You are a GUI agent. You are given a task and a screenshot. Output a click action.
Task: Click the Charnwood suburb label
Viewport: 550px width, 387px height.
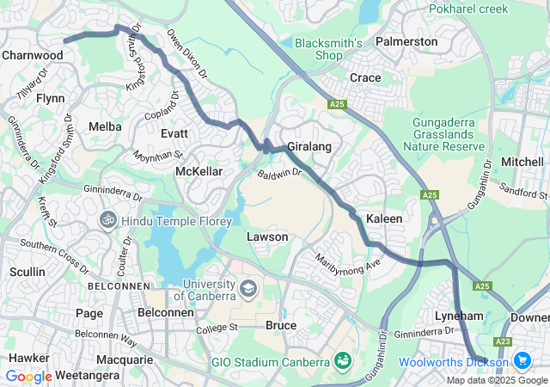(33, 55)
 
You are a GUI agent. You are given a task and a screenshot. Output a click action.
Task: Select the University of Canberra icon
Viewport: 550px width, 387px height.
(248, 287)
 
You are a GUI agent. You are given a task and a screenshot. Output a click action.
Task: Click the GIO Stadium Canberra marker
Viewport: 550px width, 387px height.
(343, 359)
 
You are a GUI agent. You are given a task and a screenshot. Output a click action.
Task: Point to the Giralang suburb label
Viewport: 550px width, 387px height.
(309, 147)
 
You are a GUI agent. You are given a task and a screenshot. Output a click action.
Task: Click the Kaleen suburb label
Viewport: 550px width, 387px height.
(384, 219)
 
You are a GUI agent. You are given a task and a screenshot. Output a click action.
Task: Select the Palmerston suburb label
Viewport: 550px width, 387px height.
(406, 41)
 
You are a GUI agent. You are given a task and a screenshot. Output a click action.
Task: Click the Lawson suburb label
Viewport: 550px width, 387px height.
(267, 236)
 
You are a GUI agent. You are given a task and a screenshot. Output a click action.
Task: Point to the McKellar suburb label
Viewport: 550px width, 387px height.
(199, 172)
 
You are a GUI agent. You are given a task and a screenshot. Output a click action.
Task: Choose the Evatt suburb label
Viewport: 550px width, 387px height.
(174, 133)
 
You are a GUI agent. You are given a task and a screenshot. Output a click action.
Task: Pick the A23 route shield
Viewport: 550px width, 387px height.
(522, 342)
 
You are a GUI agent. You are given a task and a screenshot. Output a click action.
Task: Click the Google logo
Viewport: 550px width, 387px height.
(28, 376)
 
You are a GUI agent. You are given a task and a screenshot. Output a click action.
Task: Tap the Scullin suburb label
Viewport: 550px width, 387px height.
(27, 272)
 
